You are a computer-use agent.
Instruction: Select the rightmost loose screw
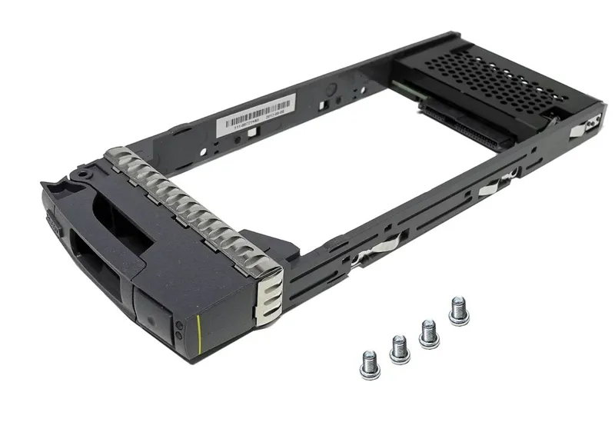[x=459, y=311]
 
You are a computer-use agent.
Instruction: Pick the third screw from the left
[x=428, y=332]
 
